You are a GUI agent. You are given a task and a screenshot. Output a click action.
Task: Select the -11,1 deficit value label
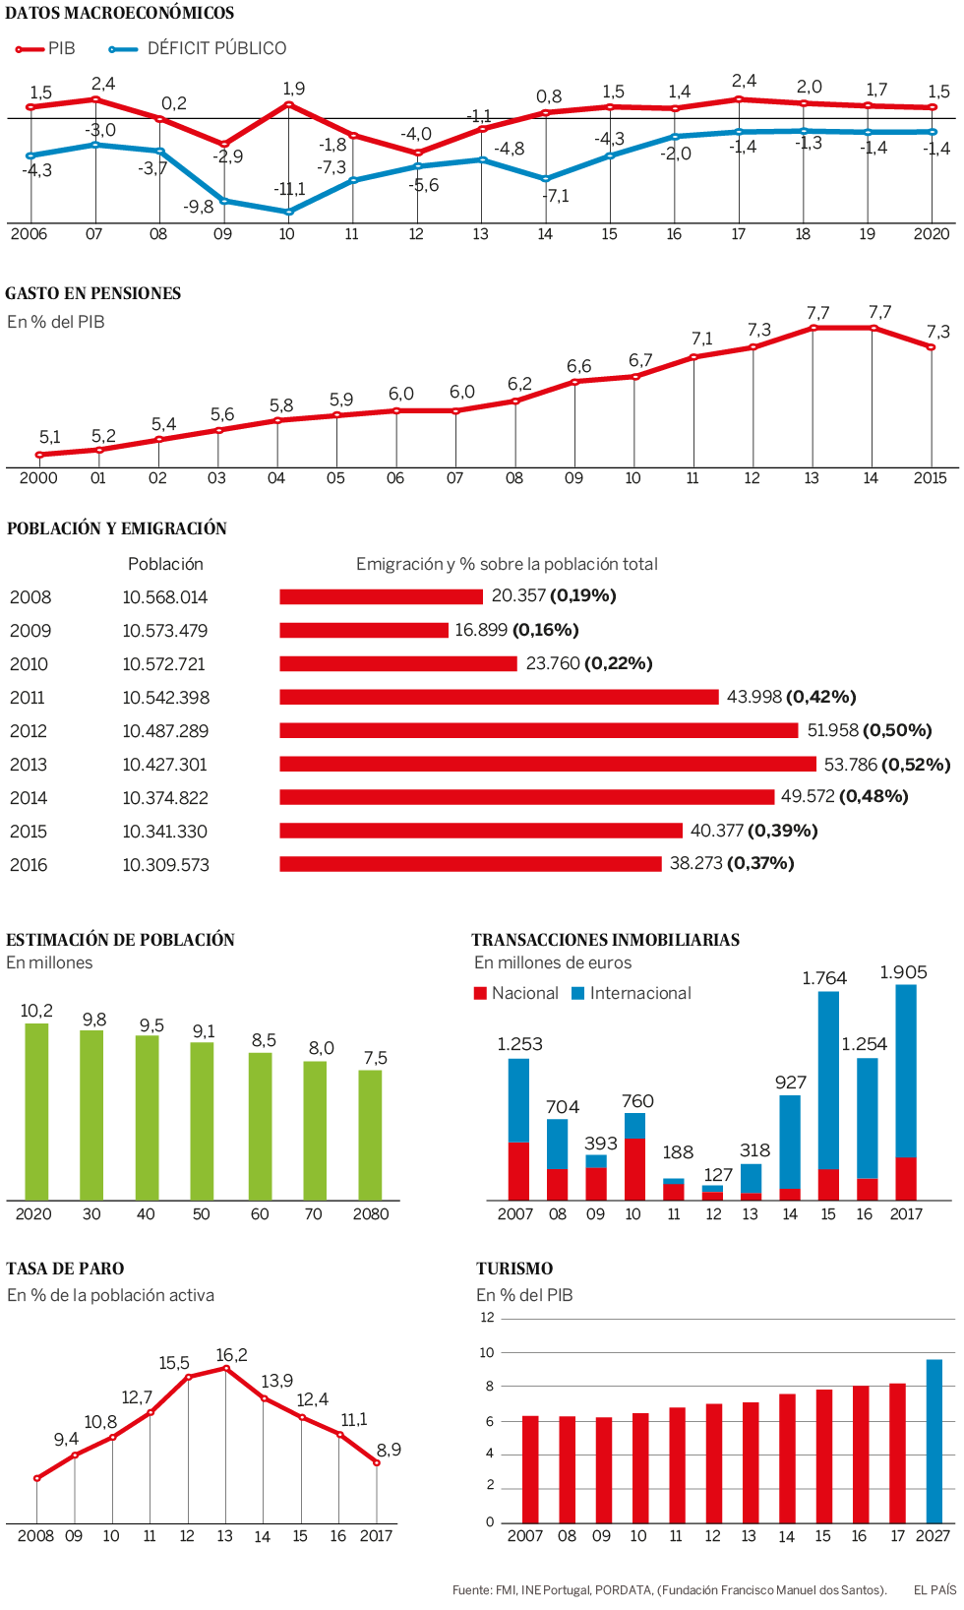point(290,189)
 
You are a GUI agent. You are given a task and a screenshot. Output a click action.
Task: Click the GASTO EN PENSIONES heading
point(93,293)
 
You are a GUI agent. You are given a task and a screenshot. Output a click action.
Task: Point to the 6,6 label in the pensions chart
point(578,366)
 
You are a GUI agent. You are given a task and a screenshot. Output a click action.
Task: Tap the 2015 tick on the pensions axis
point(930,478)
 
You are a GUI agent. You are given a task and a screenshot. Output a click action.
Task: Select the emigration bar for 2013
point(548,764)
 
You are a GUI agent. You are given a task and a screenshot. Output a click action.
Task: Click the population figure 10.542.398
point(165,698)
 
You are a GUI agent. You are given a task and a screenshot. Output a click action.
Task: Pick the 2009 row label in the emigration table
point(30,631)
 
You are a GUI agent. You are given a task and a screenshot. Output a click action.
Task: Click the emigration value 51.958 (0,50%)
point(869,730)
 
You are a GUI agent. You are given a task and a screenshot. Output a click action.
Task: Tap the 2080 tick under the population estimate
point(371,1214)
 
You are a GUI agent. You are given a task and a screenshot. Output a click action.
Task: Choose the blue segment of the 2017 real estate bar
point(906,1070)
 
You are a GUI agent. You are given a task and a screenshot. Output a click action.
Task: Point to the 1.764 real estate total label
point(824,978)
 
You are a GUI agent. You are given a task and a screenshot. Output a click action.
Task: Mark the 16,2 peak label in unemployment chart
point(231,1355)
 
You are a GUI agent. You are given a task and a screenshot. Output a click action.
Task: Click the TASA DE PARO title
point(65,1269)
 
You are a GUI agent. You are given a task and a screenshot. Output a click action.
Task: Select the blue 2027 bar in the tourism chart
point(934,1441)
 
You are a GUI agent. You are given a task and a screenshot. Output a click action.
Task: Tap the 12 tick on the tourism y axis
point(487,1318)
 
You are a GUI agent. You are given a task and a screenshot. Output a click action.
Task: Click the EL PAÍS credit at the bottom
point(934,1589)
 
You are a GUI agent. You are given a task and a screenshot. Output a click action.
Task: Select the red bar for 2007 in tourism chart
point(530,1469)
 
